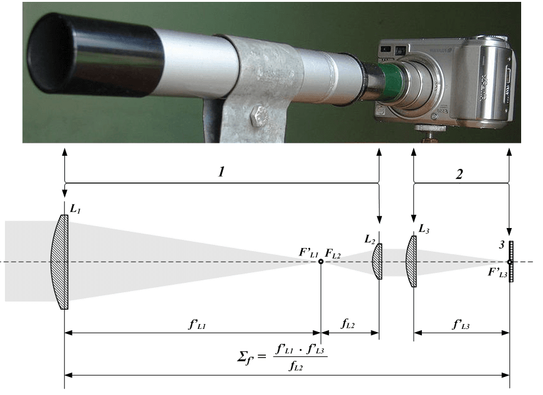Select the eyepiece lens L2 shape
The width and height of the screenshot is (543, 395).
click(378, 261)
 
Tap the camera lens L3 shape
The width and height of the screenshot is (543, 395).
click(412, 262)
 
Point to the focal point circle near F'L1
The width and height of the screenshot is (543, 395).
click(321, 262)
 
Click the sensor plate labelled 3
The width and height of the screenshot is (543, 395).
click(511, 262)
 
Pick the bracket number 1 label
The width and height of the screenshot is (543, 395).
click(222, 172)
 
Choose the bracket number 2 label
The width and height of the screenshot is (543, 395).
click(459, 174)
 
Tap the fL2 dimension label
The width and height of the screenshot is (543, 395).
click(348, 324)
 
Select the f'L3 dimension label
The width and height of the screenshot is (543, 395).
click(461, 324)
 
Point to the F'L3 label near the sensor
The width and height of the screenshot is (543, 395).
click(497, 273)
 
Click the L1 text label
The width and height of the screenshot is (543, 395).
click(75, 209)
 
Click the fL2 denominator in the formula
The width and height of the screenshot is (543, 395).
click(296, 366)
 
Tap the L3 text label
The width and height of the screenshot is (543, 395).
click(424, 229)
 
